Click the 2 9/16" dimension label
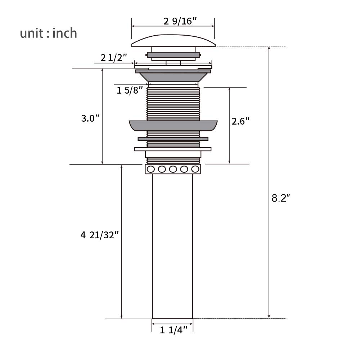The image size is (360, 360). coord(180,21)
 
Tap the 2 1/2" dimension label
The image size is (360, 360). coord(114,57)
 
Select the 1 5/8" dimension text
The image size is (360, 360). coord(130,90)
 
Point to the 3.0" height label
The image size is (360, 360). coord(90,118)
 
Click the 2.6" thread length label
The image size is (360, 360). coord(240,121)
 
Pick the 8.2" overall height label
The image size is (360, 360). coord(281,198)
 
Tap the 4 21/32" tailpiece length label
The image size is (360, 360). coord(100,235)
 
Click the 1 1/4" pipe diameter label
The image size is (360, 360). coord(174,330)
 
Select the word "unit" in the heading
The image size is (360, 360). coord(31,33)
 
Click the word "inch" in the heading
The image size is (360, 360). coord(65,33)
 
